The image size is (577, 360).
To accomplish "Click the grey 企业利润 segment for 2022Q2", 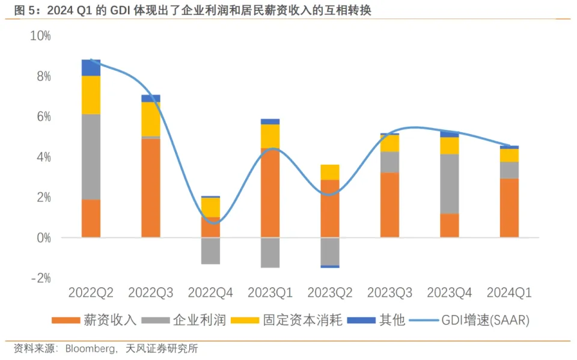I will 91,156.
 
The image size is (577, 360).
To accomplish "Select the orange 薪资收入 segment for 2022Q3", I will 150,188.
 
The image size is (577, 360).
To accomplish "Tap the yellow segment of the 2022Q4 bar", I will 210,207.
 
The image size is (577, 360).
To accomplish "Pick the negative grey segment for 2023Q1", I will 270,252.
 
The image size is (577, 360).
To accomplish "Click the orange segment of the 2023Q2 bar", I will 329,208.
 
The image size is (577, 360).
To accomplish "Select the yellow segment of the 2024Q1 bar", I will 509,155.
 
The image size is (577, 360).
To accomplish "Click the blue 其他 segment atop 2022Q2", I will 91,67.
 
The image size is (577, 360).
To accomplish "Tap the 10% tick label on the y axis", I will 40,35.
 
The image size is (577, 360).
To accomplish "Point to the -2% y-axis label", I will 40,278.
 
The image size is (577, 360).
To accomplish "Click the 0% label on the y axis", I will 43,238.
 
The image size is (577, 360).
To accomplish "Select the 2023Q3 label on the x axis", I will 389,293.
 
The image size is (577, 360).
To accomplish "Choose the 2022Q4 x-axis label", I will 210,293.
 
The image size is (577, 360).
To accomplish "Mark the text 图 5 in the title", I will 23,10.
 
